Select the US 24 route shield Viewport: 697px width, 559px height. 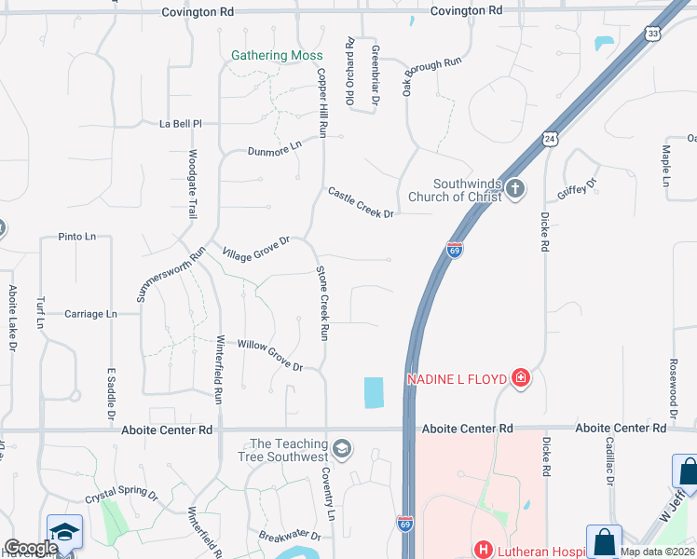tap(551, 139)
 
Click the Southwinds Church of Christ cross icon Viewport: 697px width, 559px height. tap(515, 190)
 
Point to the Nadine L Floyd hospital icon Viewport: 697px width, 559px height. tap(521, 378)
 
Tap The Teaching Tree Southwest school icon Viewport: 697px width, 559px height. tap(342, 450)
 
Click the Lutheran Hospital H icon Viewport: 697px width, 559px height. tap(483, 551)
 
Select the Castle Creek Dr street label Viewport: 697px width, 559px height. tap(361, 202)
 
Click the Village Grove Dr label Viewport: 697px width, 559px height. tap(256, 249)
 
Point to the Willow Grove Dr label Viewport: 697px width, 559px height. tap(270, 355)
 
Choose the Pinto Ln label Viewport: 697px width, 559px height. tap(76, 238)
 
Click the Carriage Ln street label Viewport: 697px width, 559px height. tap(90, 314)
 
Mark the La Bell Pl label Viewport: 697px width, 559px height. tap(181, 123)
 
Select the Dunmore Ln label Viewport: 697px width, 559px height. tap(275, 148)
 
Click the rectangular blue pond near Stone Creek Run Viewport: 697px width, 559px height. tap(373, 392)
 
